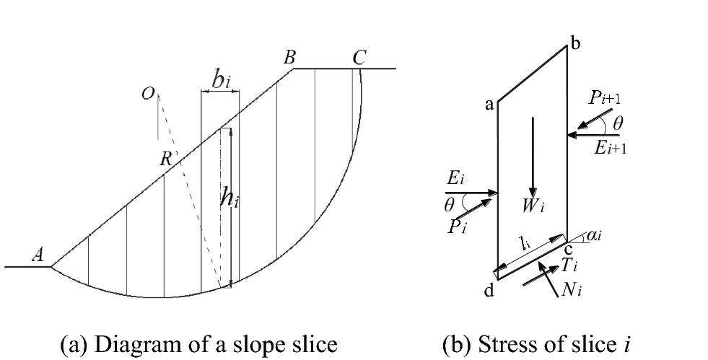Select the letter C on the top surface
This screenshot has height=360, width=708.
tap(359, 58)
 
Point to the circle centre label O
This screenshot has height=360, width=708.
tap(148, 94)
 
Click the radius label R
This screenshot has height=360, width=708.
tap(165, 160)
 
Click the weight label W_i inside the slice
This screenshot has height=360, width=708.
tap(533, 206)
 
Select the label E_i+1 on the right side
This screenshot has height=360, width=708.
tap(606, 147)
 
